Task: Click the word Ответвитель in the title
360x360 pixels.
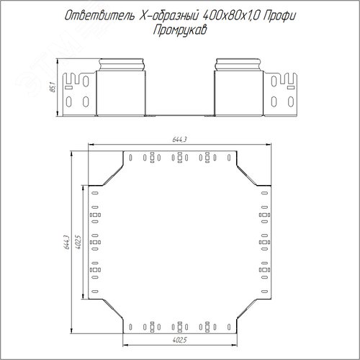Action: (99, 16)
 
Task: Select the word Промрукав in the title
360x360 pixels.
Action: (180, 30)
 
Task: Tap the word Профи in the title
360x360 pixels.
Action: (279, 17)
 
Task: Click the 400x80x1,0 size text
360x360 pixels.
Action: (231, 16)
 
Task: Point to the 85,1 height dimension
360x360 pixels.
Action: (53, 87)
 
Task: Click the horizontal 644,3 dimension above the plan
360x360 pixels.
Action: (179, 140)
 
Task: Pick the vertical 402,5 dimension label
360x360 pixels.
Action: (78, 242)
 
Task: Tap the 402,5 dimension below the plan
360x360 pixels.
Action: (179, 340)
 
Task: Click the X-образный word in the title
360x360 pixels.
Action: (168, 16)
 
